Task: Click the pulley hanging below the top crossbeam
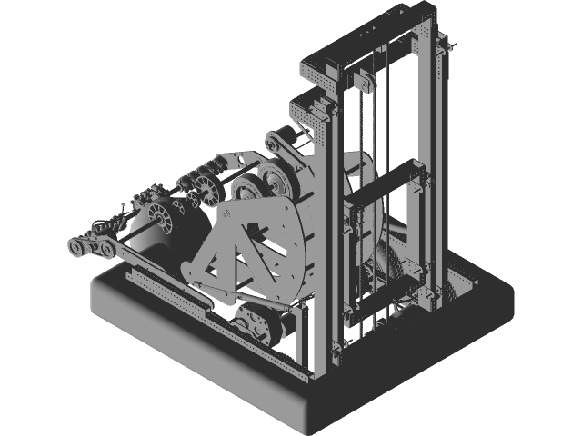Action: tap(365, 83)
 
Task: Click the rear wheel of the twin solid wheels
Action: tap(275, 178)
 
